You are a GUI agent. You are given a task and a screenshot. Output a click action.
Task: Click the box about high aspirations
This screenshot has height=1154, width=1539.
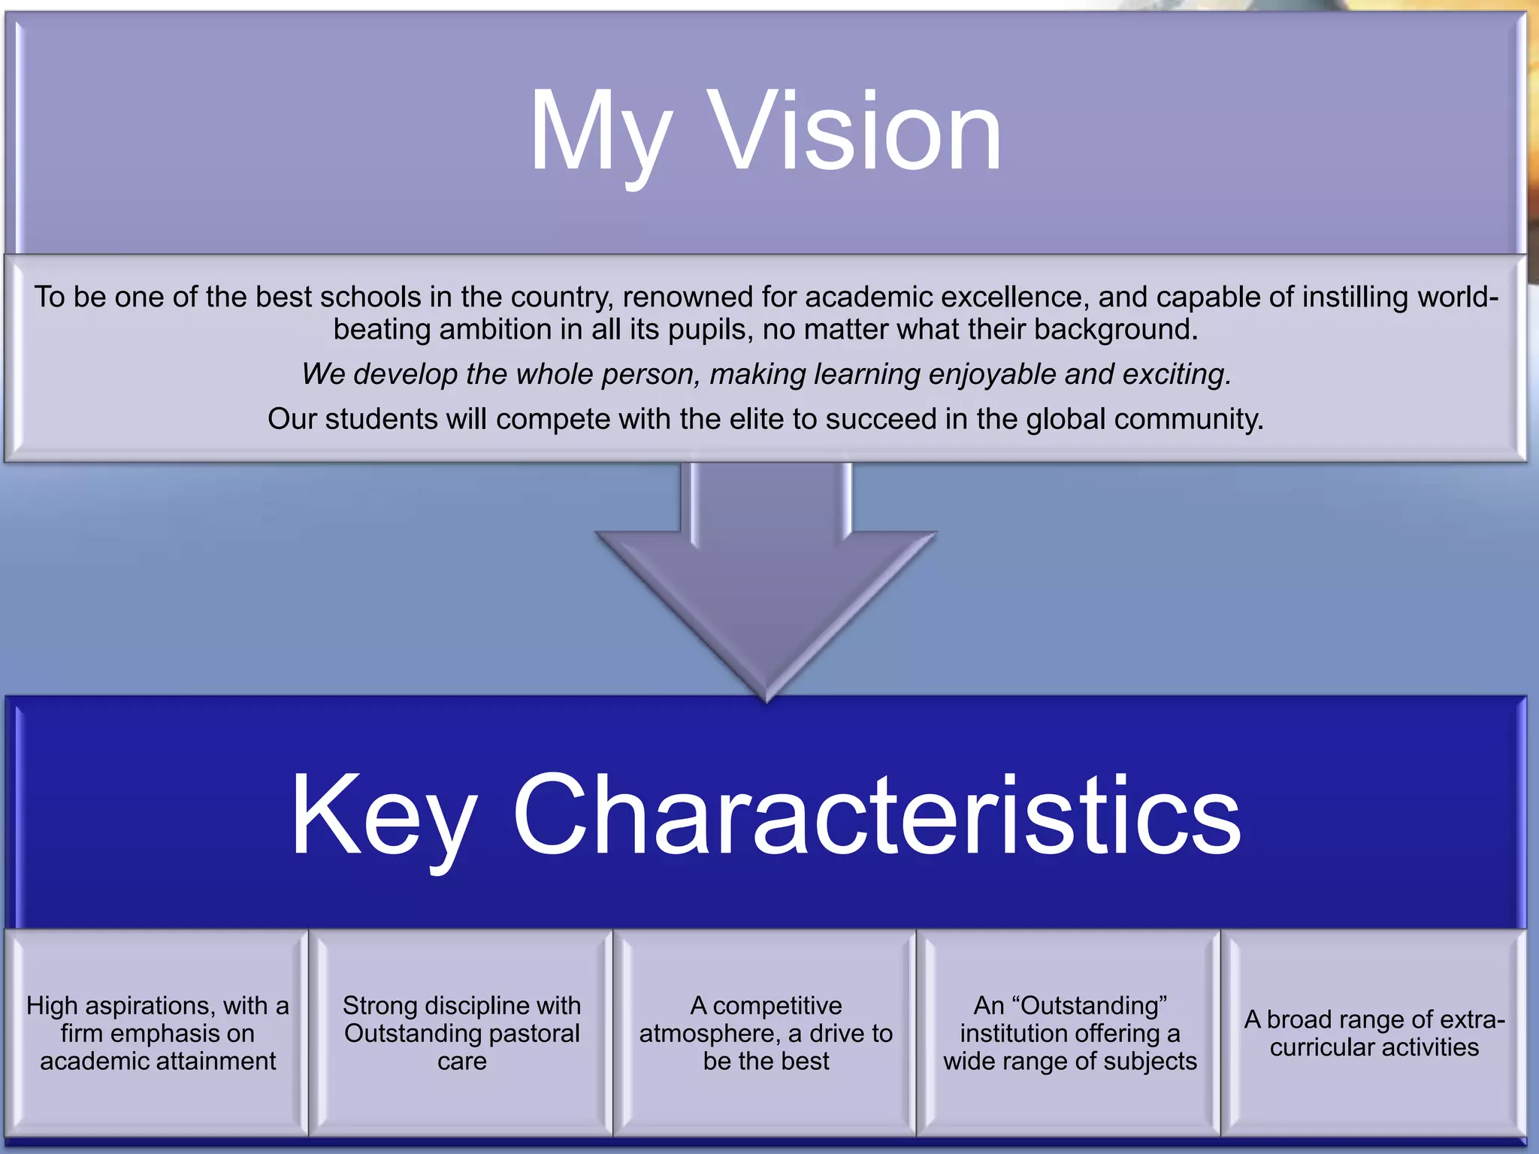tap(157, 1033)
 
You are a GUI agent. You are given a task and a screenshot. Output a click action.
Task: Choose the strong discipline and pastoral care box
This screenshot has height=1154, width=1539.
tap(461, 1033)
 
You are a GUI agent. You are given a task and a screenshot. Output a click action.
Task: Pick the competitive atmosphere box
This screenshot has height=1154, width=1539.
tap(766, 1033)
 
